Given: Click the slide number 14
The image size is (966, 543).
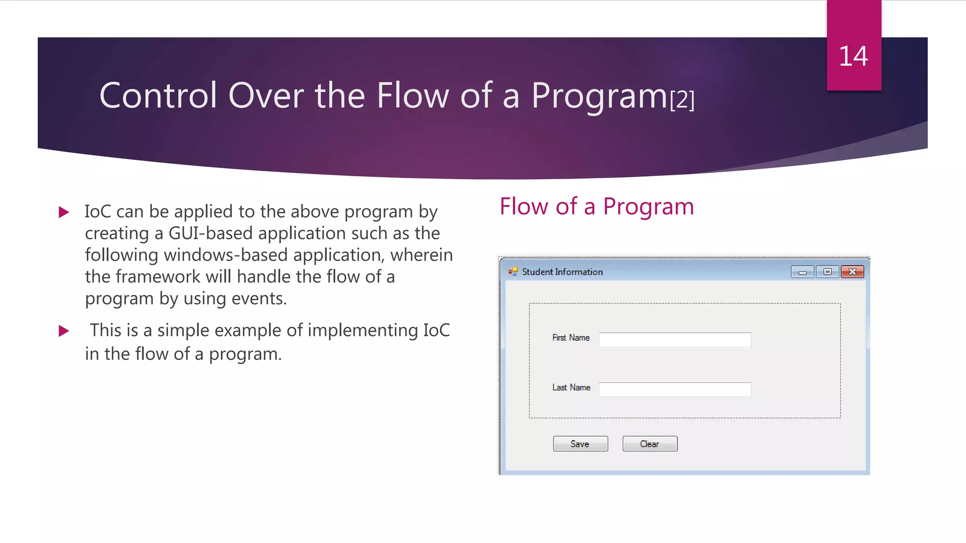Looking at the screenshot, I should pyautogui.click(x=853, y=57).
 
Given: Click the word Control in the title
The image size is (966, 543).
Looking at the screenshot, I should pyautogui.click(x=158, y=96).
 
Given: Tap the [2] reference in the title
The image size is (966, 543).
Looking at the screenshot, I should pyautogui.click(x=682, y=99).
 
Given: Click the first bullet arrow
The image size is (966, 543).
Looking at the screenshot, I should pyautogui.click(x=64, y=212).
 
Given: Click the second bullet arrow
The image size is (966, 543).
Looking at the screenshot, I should pyautogui.click(x=64, y=331).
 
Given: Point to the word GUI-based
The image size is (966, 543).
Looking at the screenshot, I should pyautogui.click(x=210, y=233).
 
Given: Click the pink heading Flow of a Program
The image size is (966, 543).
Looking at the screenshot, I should pyautogui.click(x=597, y=206).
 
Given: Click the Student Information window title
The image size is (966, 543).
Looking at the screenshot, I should pyautogui.click(x=562, y=272).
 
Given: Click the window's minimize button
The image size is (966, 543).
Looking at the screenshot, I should pyautogui.click(x=802, y=272).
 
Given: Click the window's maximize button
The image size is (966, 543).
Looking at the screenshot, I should pyautogui.click(x=827, y=272).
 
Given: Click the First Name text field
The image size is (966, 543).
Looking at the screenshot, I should pyautogui.click(x=675, y=340).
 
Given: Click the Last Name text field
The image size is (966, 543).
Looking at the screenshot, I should pyautogui.click(x=675, y=389).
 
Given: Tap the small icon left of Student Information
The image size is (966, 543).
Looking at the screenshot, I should pyautogui.click(x=513, y=271).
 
